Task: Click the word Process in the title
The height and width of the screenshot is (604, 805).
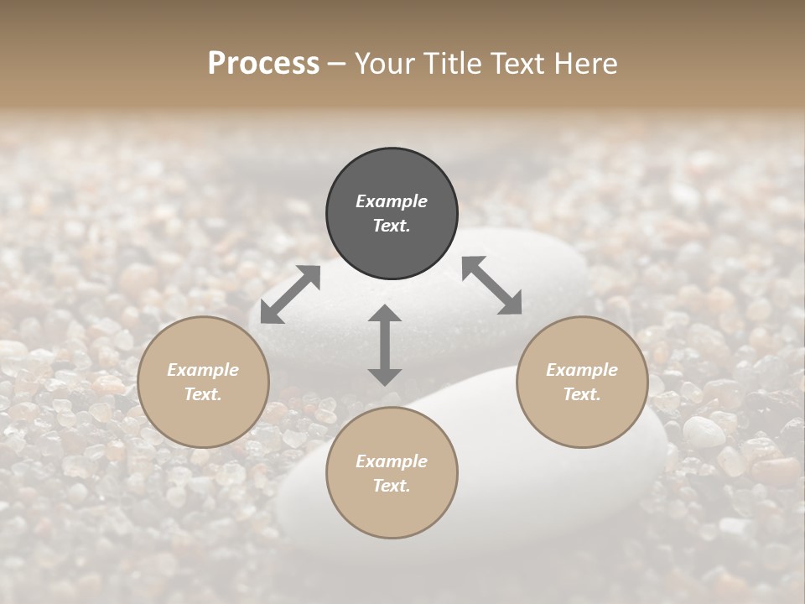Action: click(x=263, y=64)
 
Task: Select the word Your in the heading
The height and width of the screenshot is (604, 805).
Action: click(x=383, y=64)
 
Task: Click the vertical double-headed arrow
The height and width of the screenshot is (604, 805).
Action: click(x=385, y=345)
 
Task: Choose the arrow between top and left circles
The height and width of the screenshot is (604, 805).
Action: click(x=290, y=294)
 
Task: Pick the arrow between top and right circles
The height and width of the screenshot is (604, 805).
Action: click(x=492, y=286)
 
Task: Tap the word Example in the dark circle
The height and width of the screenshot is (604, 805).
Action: click(x=392, y=201)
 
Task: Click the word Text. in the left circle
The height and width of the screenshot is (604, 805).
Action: click(x=203, y=394)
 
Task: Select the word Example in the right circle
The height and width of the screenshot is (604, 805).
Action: click(x=582, y=370)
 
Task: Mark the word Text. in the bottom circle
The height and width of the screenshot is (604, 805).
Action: click(x=392, y=486)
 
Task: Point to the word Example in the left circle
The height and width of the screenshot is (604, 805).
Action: click(x=203, y=370)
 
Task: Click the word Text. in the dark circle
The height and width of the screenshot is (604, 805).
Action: click(x=392, y=226)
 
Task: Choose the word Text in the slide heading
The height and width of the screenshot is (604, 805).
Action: click(x=517, y=64)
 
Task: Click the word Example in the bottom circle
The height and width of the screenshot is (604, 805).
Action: click(x=392, y=461)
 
